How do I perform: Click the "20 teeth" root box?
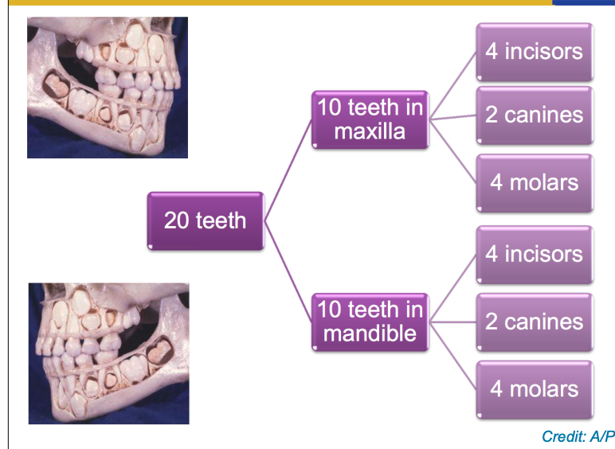[206, 221]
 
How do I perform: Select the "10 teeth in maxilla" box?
[370, 119]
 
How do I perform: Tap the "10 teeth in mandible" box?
[370, 321]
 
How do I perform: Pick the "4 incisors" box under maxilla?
[535, 52]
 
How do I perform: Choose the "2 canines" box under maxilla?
[535, 115]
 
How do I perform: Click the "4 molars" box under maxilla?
[535, 182]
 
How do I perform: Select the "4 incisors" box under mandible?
[535, 255]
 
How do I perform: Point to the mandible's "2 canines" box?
[535, 322]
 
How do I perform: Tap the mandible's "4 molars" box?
[535, 389]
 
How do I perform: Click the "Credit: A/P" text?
[578, 436]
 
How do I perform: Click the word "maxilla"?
[370, 131]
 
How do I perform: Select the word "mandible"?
[370, 333]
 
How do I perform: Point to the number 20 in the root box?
[176, 221]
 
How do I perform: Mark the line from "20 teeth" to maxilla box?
[288, 170]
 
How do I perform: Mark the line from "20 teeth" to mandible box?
[288, 271]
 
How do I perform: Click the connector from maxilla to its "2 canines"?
[452, 117]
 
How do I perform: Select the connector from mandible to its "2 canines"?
[452, 322]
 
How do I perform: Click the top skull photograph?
[108, 88]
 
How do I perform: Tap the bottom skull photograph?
[108, 353]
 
